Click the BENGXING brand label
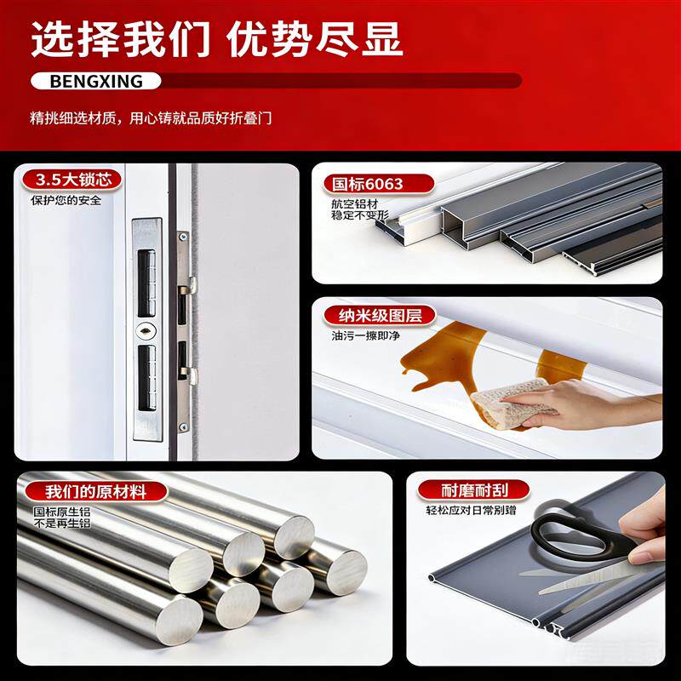coord(96,81)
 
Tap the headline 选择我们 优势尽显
coord(217,40)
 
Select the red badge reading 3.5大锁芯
coord(72,180)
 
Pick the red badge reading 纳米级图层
coord(380,316)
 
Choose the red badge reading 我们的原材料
coord(95,492)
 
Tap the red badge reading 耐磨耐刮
coord(473,490)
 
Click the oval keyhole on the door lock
coord(146,332)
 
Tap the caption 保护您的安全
coord(66,200)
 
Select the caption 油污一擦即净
coord(365,335)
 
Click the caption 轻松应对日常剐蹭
coord(471,510)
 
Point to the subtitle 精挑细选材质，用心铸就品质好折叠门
coord(151,118)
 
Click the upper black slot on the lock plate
coord(146,283)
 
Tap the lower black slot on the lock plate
coord(146,378)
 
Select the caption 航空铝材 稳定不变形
coord(359,209)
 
